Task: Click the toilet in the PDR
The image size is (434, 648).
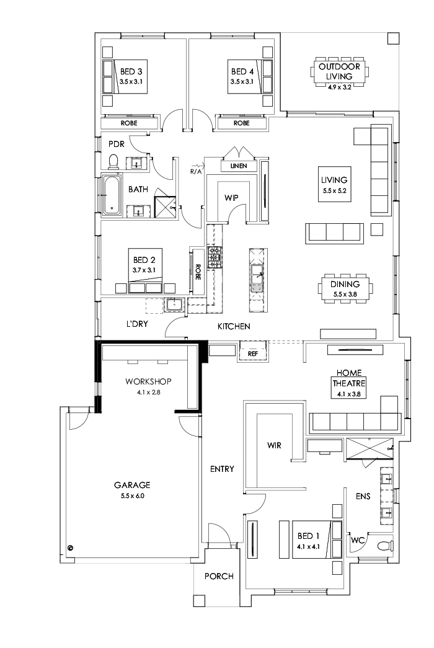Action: coord(113,162)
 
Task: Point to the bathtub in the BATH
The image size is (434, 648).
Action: coord(112,197)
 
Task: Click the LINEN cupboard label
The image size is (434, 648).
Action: coord(238,166)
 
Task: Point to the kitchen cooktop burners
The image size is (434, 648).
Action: coord(215,257)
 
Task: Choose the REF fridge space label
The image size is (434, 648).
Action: coord(252,353)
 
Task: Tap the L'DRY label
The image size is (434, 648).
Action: coord(137,323)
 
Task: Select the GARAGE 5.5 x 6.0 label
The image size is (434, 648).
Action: coord(132,490)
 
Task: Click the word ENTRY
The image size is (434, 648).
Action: coord(222,469)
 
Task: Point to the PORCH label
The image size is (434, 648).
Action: coord(219,576)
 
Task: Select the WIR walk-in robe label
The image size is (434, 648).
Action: coord(275,445)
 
